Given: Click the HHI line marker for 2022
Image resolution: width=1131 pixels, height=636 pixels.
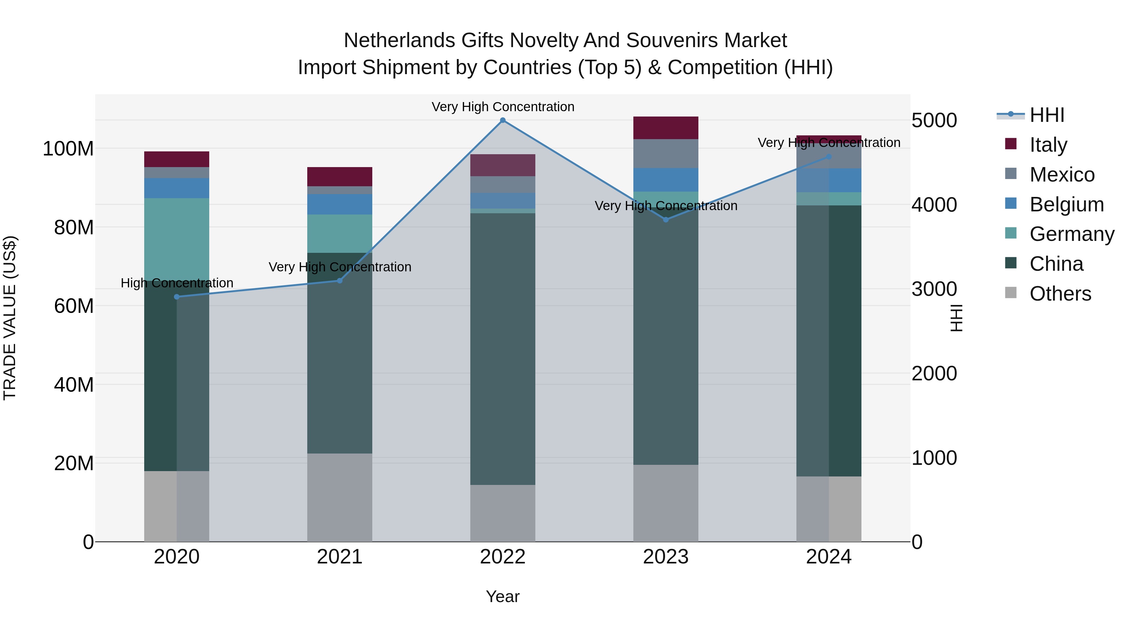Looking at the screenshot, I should pyautogui.click(x=503, y=120).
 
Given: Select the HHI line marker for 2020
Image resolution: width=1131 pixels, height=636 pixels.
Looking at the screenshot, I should pyautogui.click(x=177, y=297).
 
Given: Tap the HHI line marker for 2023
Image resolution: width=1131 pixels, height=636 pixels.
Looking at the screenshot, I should pyautogui.click(x=666, y=220).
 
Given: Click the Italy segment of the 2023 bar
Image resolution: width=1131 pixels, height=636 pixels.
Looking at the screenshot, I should pyautogui.click(x=666, y=128).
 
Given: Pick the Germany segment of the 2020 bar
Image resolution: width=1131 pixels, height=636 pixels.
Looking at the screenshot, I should pyautogui.click(x=177, y=239).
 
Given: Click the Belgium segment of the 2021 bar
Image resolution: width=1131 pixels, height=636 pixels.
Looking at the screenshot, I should pyautogui.click(x=339, y=204).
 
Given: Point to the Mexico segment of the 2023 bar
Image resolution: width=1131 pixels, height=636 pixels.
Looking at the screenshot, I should pyautogui.click(x=666, y=154).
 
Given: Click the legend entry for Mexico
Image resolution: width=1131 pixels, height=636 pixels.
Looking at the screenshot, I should pyautogui.click(x=1062, y=175).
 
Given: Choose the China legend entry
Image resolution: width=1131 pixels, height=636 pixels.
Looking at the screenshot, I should pyautogui.click(x=1056, y=264).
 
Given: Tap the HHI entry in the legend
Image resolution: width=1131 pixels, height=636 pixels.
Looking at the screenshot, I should pyautogui.click(x=1047, y=115).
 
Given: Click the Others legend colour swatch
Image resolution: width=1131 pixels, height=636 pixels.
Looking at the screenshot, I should pyautogui.click(x=1011, y=293).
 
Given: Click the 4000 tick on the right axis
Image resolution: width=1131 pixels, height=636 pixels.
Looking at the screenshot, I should pyautogui.click(x=934, y=204).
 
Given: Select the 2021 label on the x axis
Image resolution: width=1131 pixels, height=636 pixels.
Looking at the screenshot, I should pyautogui.click(x=339, y=557).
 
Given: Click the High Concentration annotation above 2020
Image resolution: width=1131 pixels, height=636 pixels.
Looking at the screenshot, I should pyautogui.click(x=177, y=283).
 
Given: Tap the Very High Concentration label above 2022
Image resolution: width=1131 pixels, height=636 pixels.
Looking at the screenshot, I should pyautogui.click(x=503, y=107).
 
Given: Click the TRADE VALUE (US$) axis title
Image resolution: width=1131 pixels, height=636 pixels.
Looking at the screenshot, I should pyautogui.click(x=10, y=318).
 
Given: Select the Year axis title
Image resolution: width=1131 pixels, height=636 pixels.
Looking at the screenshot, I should pyautogui.click(x=503, y=596).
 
